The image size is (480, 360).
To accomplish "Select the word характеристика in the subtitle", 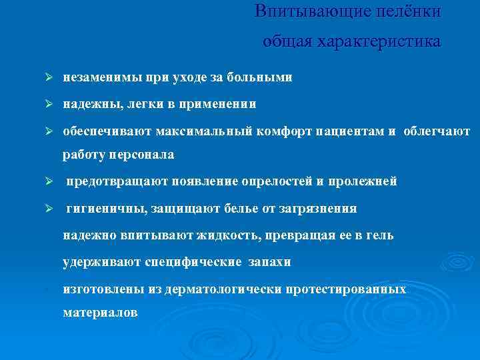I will tap(379, 41).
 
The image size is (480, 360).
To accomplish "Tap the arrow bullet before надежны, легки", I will tap(49, 105).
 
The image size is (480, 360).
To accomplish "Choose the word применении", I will tap(222, 105).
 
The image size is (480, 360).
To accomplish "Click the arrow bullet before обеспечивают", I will tap(49, 131).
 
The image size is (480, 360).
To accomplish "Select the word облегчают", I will tap(436, 131).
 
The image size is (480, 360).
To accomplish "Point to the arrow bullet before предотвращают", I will tap(49, 181).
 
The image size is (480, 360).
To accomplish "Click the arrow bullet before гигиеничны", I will tap(49, 209).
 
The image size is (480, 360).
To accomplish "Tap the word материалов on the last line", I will tap(101, 312).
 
